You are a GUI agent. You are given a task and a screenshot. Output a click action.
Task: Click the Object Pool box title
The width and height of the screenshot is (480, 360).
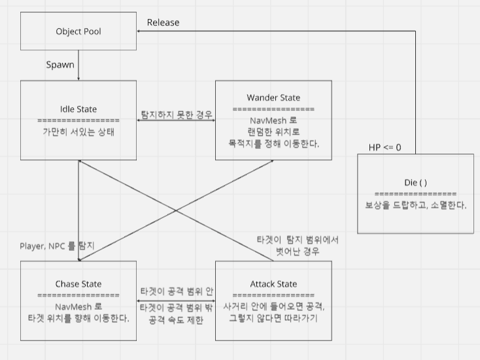[78, 31]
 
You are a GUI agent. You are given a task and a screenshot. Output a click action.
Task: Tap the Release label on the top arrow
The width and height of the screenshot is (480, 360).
[163, 22]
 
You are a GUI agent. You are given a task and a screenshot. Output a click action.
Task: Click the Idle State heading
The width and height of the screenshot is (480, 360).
[78, 108]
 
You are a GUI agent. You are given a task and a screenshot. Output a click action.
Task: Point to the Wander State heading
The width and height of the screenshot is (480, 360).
[273, 98]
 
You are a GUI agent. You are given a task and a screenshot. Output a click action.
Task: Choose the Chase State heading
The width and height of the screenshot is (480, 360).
[78, 284]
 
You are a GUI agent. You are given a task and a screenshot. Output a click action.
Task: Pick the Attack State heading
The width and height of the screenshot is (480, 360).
[273, 284]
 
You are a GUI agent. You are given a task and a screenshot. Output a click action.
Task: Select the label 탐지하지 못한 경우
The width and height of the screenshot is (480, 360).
[177, 115]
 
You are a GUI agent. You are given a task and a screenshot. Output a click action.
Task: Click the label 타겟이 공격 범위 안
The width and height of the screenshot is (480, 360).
[176, 291]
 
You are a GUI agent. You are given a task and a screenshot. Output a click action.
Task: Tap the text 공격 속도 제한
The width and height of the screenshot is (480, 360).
[176, 319]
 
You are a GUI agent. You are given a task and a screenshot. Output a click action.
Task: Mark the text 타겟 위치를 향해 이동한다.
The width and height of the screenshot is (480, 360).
[78, 318]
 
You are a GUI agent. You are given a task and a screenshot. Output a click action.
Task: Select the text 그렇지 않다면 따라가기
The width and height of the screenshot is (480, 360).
[273, 318]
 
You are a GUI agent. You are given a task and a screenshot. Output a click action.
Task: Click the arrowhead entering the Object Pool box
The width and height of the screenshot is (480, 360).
[139, 30]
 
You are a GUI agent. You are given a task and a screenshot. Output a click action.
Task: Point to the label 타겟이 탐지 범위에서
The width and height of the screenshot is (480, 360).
[298, 240]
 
